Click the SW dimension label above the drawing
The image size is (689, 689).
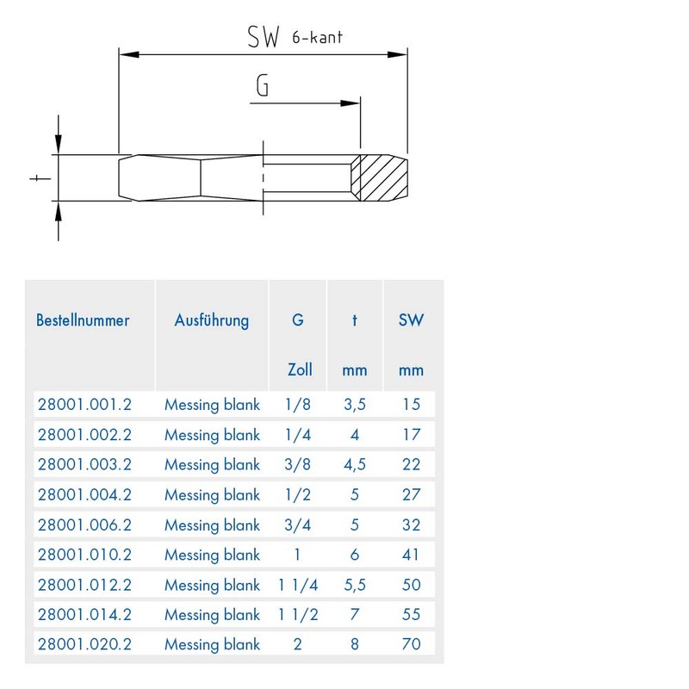point(264,37)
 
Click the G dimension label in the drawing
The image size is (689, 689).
point(264,86)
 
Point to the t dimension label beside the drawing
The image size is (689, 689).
point(35,178)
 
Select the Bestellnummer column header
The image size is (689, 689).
point(83,320)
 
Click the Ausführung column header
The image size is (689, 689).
point(211,320)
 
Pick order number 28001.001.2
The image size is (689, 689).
point(84,404)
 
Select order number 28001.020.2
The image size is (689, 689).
point(84,643)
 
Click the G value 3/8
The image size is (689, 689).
point(298,464)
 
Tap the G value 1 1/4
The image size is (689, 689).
point(298,585)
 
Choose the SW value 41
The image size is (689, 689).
point(411,555)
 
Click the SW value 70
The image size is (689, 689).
point(411,643)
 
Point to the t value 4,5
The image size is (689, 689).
point(354,464)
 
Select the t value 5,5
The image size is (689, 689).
point(354,585)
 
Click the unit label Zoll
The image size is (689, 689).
point(299,370)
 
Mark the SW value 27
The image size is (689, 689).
point(411,494)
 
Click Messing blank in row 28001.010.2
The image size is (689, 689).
point(212,555)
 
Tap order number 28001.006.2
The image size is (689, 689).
point(84,525)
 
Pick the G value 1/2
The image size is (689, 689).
point(298,494)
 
